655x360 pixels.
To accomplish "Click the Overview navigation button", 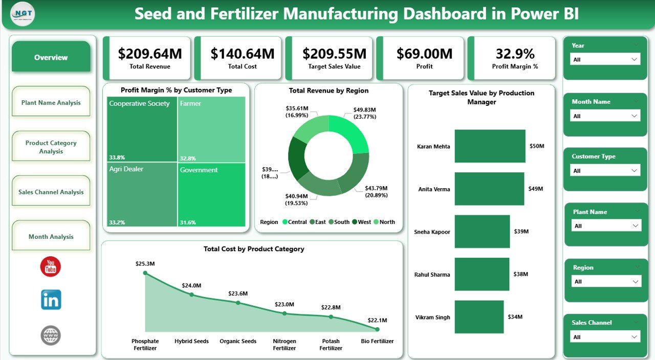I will click(x=51, y=57).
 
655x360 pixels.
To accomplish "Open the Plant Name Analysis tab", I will click(x=51, y=102).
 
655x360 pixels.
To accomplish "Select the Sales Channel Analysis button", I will click(x=51, y=192).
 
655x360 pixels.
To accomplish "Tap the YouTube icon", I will click(x=51, y=266).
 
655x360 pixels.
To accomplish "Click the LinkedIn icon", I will click(x=51, y=300).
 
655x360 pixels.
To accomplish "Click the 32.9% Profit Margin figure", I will click(x=515, y=54).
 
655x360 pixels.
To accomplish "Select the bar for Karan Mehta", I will click(x=490, y=146).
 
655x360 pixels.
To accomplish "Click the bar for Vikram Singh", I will click(x=479, y=317).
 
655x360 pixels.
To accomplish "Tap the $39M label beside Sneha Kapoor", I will click(x=521, y=232).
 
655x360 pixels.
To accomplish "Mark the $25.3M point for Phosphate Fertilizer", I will click(x=145, y=273).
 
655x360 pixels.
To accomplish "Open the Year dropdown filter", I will click(x=605, y=59).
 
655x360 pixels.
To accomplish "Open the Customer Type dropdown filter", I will click(x=605, y=171).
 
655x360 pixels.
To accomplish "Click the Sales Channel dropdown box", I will click(x=605, y=337).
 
